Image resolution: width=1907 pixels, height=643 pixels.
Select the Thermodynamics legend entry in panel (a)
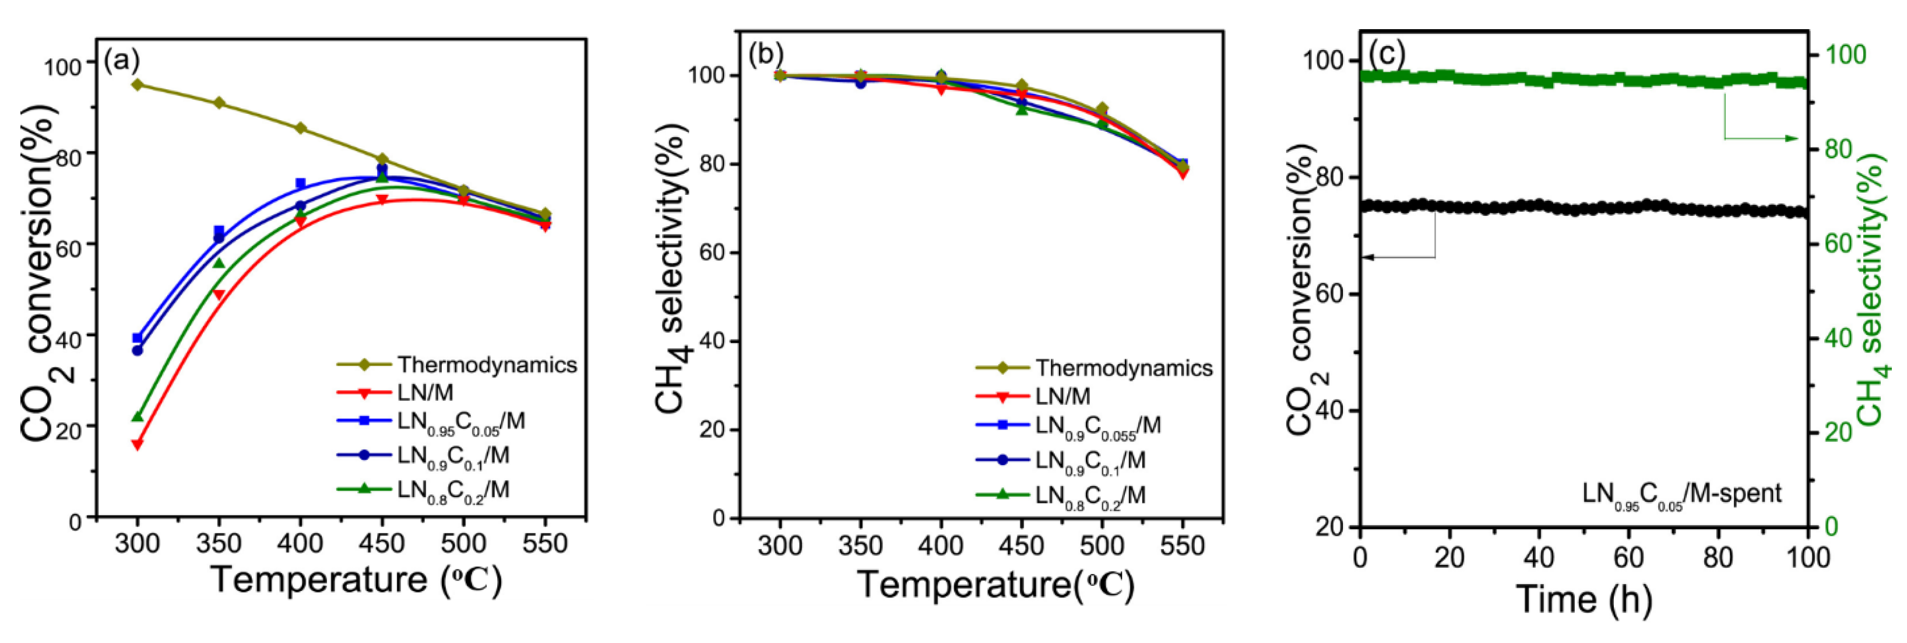487,365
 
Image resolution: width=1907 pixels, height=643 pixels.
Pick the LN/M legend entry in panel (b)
1062,396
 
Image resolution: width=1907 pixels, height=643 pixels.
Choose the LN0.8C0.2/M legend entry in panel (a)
452,490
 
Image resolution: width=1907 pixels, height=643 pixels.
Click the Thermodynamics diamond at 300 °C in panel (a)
137,85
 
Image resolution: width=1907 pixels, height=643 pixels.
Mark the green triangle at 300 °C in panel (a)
137,417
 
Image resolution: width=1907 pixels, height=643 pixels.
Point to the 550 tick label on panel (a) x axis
545,544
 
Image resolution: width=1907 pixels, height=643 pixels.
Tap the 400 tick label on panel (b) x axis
941,547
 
